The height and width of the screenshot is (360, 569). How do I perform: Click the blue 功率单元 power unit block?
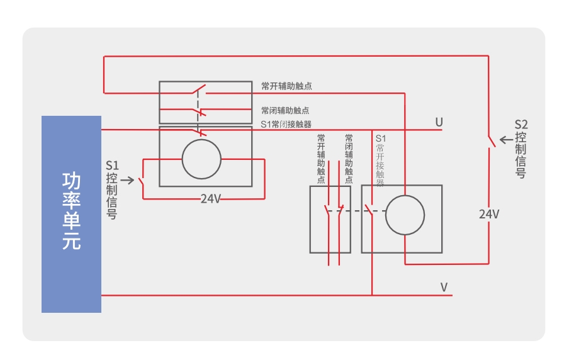71,214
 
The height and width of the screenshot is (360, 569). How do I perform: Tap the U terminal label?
439,121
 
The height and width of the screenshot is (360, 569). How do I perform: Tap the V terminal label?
444,288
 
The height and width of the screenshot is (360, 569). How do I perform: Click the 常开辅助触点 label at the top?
286,86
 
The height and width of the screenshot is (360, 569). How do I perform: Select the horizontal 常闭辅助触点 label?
285,110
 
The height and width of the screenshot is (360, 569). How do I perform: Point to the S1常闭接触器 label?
286,124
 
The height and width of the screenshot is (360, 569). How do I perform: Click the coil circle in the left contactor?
201,159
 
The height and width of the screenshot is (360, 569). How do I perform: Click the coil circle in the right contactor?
405,215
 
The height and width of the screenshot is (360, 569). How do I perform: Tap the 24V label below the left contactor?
211,198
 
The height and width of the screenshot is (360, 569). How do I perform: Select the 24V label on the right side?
489,214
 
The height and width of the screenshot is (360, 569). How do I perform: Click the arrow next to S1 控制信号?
127,181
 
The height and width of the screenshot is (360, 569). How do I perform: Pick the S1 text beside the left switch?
111,167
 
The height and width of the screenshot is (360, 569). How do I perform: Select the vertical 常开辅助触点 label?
321,158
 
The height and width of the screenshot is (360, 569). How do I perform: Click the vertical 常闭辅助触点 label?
348,158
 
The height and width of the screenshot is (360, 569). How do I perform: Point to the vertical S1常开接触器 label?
380,160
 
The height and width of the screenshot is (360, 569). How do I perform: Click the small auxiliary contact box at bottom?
330,219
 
